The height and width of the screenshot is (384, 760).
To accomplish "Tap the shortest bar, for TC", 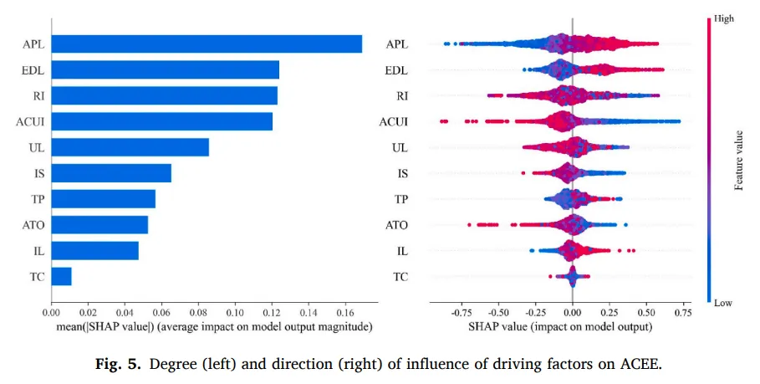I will [x=61, y=276].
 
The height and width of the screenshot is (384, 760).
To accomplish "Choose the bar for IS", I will [x=111, y=173].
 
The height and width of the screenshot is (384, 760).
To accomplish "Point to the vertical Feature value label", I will [x=739, y=160].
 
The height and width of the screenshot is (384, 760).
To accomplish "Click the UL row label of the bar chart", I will [x=37, y=148].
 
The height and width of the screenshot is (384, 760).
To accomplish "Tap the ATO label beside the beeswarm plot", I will [x=396, y=225].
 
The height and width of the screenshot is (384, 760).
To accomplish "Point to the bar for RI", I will [x=165, y=95].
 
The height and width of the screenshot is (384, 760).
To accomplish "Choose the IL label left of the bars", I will [x=38, y=251].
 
